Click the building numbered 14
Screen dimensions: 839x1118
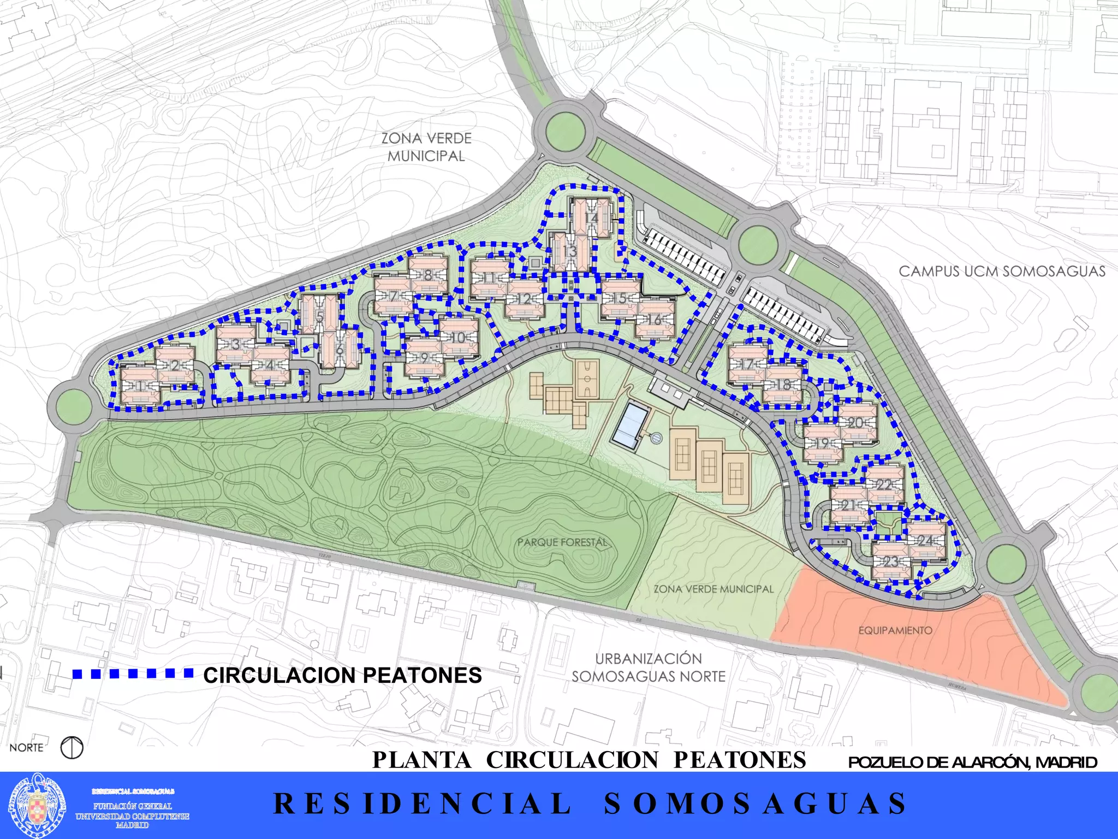(x=591, y=218)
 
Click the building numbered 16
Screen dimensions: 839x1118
(x=655, y=320)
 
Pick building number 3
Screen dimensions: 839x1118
(x=236, y=344)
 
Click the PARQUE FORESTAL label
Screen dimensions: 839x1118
(x=562, y=542)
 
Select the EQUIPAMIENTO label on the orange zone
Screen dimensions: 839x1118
(x=895, y=630)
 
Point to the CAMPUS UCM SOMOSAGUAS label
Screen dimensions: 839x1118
(x=1002, y=271)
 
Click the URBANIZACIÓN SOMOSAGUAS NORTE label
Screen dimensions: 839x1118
(x=649, y=667)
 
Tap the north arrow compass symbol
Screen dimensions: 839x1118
(x=72, y=747)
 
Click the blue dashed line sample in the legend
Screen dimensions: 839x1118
(x=133, y=673)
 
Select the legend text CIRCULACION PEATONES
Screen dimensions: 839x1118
(x=342, y=676)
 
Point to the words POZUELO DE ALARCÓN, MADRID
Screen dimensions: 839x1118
(x=972, y=762)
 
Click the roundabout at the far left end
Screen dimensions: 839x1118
(x=73, y=405)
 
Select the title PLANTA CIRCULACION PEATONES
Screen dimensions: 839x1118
(x=589, y=760)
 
